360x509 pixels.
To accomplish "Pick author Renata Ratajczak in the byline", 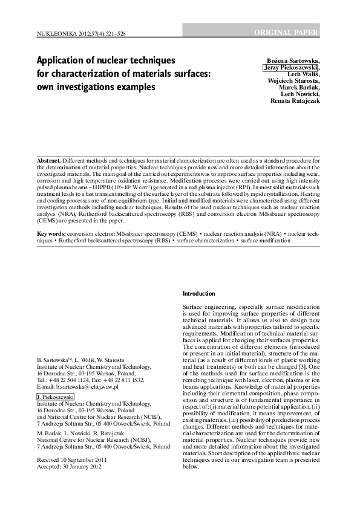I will [x=296, y=101].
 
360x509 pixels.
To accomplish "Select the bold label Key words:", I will [x=51, y=233].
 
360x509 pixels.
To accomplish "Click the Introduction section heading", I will [x=198, y=294].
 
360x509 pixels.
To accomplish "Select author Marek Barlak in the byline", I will [x=299, y=88].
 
